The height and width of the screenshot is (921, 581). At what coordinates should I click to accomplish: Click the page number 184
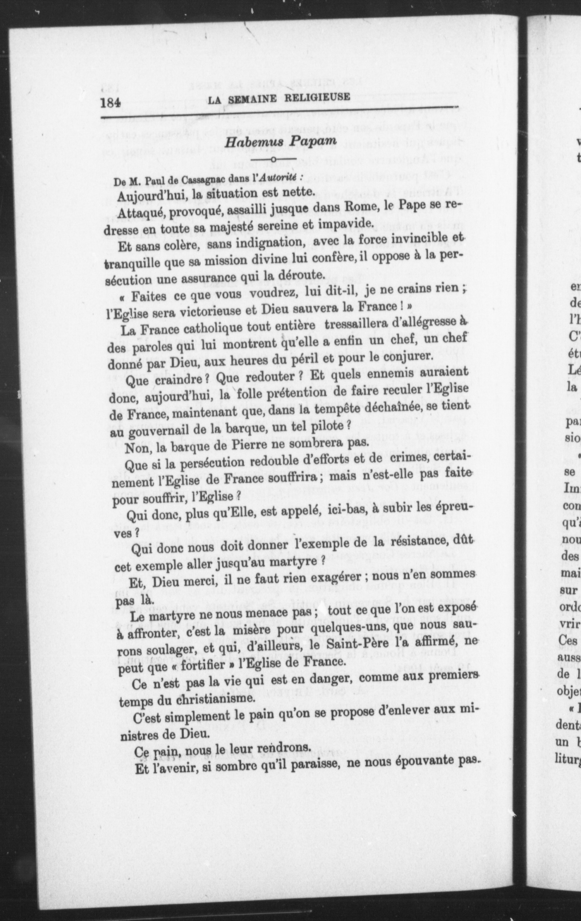click(110, 102)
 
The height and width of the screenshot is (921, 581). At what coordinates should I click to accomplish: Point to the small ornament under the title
click(274, 159)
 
